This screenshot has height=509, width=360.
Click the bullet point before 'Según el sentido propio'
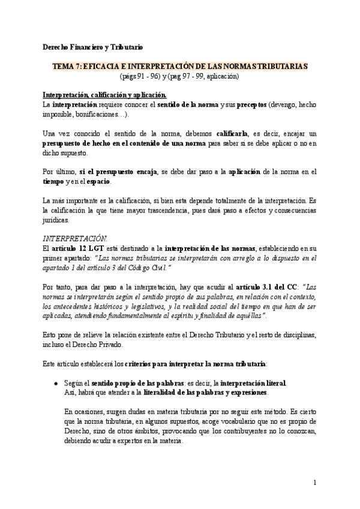coord(56,382)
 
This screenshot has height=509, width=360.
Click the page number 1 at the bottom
coord(314,483)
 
